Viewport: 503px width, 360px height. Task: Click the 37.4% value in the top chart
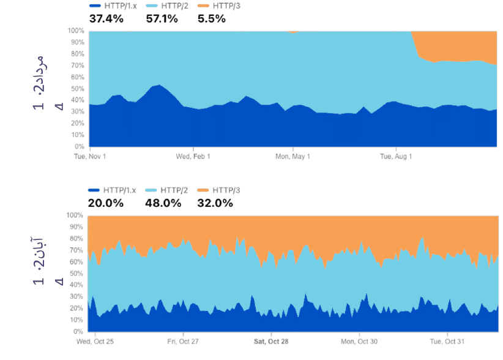click(106, 18)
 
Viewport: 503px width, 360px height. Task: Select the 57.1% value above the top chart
click(162, 18)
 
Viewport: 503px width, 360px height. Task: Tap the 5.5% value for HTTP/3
click(212, 18)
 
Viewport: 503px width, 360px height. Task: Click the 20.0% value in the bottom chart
click(106, 203)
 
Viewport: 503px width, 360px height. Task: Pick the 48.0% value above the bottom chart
click(163, 203)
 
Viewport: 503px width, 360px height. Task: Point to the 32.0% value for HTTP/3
click(215, 203)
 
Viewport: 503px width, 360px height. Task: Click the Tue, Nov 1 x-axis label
click(90, 157)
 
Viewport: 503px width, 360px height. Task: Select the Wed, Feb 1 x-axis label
click(193, 157)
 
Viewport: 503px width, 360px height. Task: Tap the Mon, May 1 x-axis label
click(293, 157)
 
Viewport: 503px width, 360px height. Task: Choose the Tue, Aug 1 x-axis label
click(396, 157)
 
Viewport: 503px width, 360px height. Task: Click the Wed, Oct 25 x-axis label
click(92, 341)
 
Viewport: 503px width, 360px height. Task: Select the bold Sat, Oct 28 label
click(271, 341)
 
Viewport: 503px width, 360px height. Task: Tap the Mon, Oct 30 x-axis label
click(359, 341)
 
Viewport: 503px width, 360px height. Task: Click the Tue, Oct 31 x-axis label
click(448, 341)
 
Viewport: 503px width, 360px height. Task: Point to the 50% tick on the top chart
click(77, 89)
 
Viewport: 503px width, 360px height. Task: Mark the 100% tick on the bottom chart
click(75, 216)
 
